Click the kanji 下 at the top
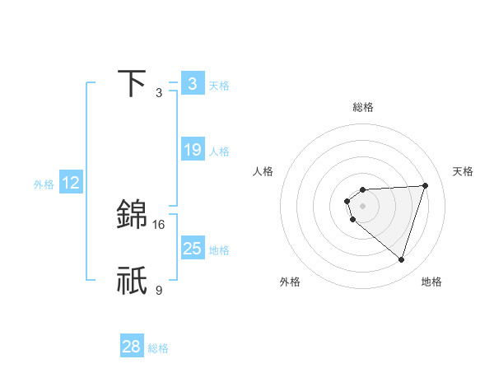(133, 83)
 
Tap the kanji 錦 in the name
(133, 214)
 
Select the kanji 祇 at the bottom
(133, 280)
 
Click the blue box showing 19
(193, 150)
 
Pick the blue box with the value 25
(193, 249)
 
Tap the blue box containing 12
(71, 183)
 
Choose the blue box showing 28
(132, 347)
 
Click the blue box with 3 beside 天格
(193, 84)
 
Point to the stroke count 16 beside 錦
(159, 224)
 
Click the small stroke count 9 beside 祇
(159, 290)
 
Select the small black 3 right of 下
(159, 92)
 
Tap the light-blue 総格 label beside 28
(158, 348)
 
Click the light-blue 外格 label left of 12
(44, 184)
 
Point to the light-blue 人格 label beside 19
(219, 152)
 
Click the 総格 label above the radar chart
(362, 107)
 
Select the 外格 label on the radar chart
(290, 282)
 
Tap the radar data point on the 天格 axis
(425, 185)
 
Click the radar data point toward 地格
(401, 259)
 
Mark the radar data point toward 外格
(352, 220)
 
